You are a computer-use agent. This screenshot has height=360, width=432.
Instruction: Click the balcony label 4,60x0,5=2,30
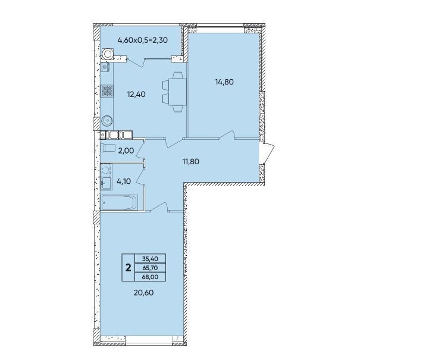coord(143,40)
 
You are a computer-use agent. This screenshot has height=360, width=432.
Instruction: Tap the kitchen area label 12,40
coord(136,95)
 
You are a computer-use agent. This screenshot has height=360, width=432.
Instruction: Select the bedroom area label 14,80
coord(224,82)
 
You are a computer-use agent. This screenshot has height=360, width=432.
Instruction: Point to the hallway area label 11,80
coord(190,161)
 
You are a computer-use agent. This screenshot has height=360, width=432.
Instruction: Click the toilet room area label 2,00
coord(126,151)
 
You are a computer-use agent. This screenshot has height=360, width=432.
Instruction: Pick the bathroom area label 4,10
coord(124,181)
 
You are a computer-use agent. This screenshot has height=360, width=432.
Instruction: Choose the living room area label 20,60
coord(143,293)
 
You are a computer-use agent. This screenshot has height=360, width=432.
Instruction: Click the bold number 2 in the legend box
coord(128,267)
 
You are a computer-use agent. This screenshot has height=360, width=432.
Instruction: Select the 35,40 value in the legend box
coord(150,259)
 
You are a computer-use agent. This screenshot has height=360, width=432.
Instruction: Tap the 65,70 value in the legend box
coord(150,268)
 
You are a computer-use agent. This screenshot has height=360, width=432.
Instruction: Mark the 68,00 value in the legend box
coord(150,277)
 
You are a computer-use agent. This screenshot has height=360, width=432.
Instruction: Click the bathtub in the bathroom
coord(119,203)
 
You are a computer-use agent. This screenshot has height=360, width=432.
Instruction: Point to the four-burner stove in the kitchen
coord(107,91)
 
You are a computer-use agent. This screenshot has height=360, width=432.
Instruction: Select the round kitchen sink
coord(107,120)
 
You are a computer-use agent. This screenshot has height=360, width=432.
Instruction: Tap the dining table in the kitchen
coord(177,92)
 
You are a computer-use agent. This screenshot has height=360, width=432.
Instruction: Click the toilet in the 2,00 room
coord(108,148)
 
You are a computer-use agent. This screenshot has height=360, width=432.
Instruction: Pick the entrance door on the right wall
coord(267,153)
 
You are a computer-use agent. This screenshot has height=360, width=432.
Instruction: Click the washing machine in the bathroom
coord(106,170)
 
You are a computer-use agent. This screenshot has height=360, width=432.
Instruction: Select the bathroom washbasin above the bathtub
coord(106,183)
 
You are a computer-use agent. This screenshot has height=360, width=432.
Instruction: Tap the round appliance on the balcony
coord(107,54)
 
